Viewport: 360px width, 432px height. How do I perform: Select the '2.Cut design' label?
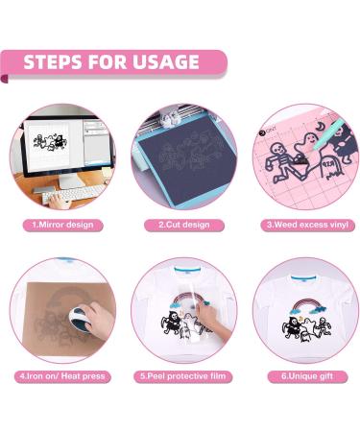[180, 225]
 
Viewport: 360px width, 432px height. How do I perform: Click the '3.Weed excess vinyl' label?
[300, 225]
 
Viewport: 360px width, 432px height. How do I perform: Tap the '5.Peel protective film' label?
[180, 375]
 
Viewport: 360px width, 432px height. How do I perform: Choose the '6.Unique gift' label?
[300, 375]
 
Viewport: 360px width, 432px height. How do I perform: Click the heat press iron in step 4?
[68, 326]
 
